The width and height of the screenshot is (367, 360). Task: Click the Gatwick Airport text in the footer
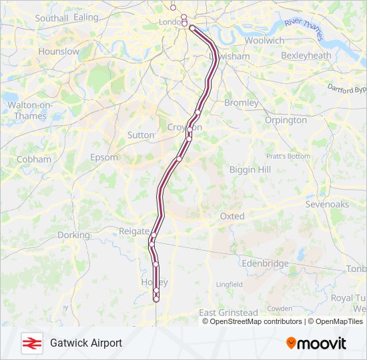[86, 343]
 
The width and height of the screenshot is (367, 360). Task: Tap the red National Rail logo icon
[30, 343]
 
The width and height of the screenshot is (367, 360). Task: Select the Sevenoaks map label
[327, 205]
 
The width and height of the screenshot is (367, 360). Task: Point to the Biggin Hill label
[250, 170]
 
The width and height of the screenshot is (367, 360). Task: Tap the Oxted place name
[233, 217]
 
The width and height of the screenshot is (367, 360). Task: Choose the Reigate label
[133, 231]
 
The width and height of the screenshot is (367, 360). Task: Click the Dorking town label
[73, 235]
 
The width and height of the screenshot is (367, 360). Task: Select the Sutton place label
[141, 135]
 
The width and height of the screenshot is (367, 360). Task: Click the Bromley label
[241, 103]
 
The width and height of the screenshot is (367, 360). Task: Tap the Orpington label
[286, 121]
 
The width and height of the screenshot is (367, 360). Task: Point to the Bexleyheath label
[306, 56]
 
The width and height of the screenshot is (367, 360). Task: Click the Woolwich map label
[264, 41]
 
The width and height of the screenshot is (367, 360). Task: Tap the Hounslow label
[59, 51]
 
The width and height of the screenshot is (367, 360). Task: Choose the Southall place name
[52, 19]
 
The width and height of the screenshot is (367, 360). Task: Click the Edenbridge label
[266, 264]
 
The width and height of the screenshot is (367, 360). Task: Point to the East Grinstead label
[228, 313]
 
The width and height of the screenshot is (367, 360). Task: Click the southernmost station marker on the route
[156, 299]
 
